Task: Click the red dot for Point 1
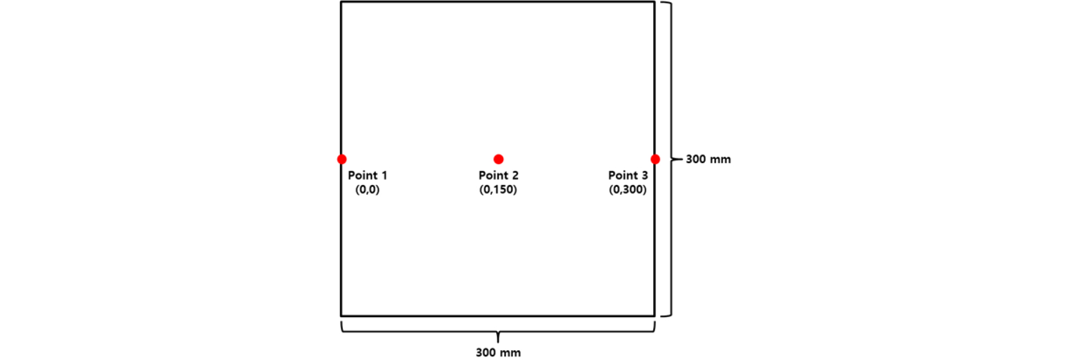342,159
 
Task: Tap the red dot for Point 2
498,159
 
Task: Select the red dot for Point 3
655,159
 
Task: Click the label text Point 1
367,175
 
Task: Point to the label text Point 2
498,175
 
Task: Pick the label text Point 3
628,175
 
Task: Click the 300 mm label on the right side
708,159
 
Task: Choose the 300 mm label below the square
498,352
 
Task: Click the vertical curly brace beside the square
671,159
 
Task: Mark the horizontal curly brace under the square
498,332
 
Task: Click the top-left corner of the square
341,2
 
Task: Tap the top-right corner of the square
654,2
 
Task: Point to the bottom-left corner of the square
341,315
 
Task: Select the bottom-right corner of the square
654,315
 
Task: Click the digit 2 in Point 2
515,175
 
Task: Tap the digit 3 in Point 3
645,175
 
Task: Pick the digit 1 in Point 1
384,175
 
